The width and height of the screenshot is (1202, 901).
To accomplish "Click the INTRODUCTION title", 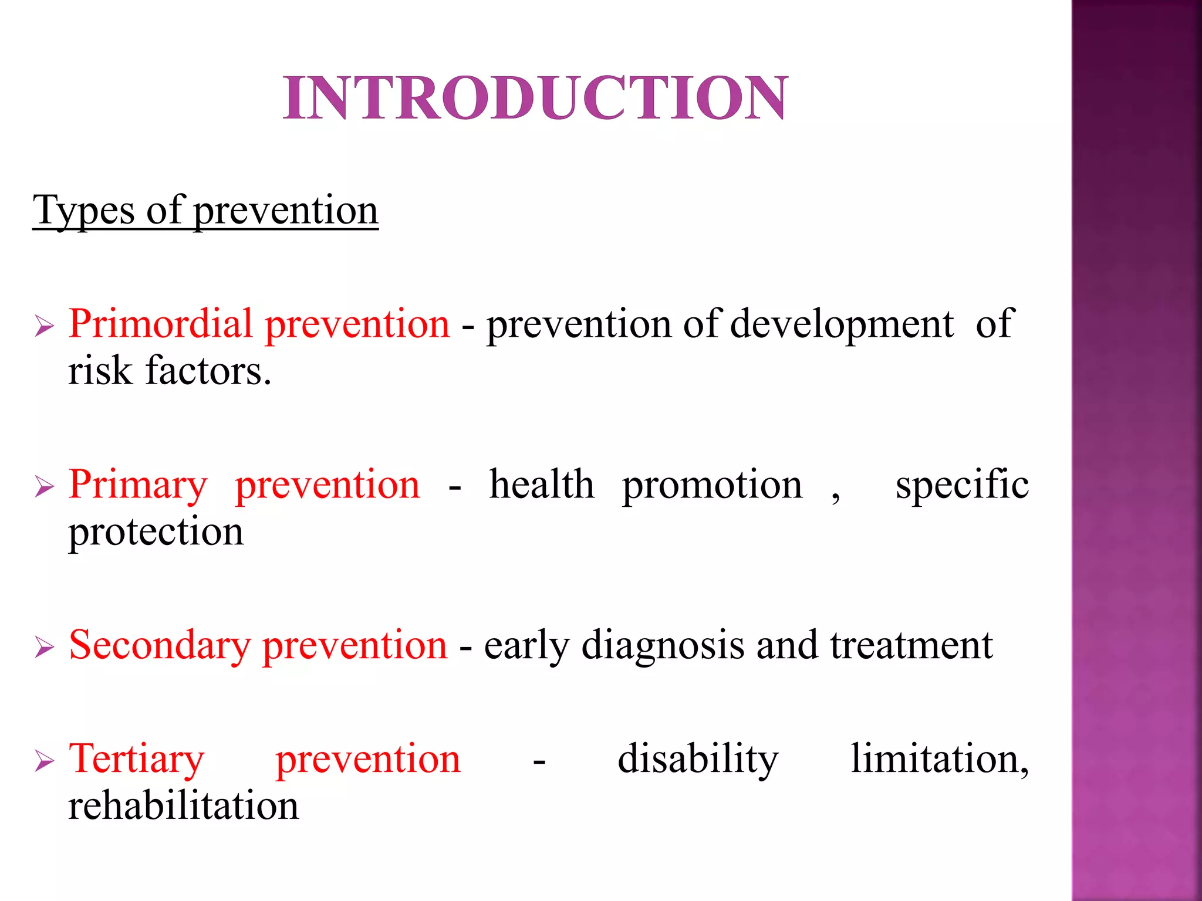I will [x=535, y=98].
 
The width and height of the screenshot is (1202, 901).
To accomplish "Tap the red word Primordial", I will [x=160, y=324].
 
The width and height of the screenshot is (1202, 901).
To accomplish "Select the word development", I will [x=842, y=325].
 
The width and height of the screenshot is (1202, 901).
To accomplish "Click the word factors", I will [x=208, y=371].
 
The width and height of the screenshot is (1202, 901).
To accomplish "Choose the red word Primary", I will [x=138, y=486].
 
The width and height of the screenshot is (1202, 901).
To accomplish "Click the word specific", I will [x=961, y=486].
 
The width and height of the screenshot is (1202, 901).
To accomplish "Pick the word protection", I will [x=156, y=533].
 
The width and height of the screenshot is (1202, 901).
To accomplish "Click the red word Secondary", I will [x=159, y=646].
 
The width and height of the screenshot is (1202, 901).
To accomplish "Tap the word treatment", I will [x=911, y=645].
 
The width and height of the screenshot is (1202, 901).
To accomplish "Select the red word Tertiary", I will [x=137, y=760].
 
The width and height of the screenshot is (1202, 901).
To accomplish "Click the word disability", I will [x=698, y=759].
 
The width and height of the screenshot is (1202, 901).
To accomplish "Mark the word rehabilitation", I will [x=183, y=805].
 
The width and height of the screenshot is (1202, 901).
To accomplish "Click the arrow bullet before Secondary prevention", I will [x=45, y=648].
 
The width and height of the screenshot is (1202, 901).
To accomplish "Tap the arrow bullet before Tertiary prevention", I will [x=45, y=761].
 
